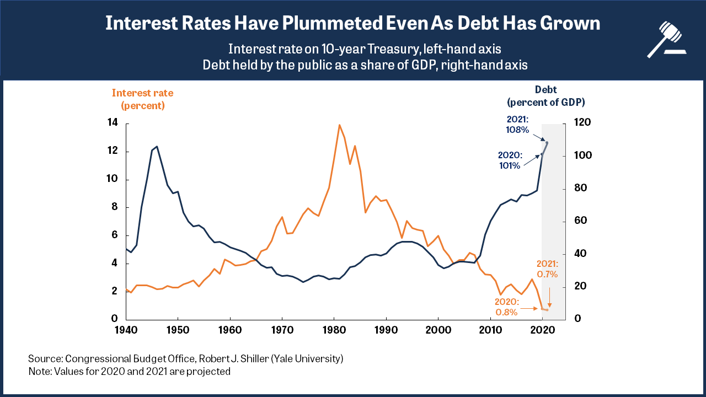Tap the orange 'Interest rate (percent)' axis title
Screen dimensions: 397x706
tap(142, 99)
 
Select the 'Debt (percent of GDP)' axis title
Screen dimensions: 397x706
tap(545, 95)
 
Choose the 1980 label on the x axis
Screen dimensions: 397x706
tap(334, 330)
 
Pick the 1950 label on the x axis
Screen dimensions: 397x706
tap(178, 330)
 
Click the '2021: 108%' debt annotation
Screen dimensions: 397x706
tap(518, 125)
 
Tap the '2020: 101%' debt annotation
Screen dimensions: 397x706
tap(509, 160)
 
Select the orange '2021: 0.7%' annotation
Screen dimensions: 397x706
tap(547, 269)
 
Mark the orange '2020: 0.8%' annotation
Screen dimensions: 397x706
tap(506, 307)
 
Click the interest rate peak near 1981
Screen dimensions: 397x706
tap(339, 125)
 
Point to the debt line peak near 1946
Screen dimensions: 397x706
tap(157, 146)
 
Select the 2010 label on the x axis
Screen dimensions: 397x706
tap(490, 330)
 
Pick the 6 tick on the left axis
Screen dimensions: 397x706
tap(114, 235)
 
